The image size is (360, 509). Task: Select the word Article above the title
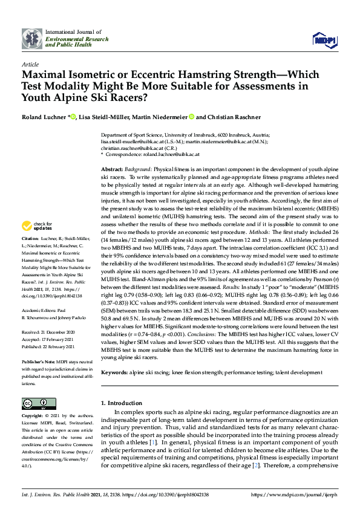(x=30, y=63)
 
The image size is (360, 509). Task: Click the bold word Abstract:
(x=112, y=170)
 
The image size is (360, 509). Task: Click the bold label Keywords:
(x=116, y=373)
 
